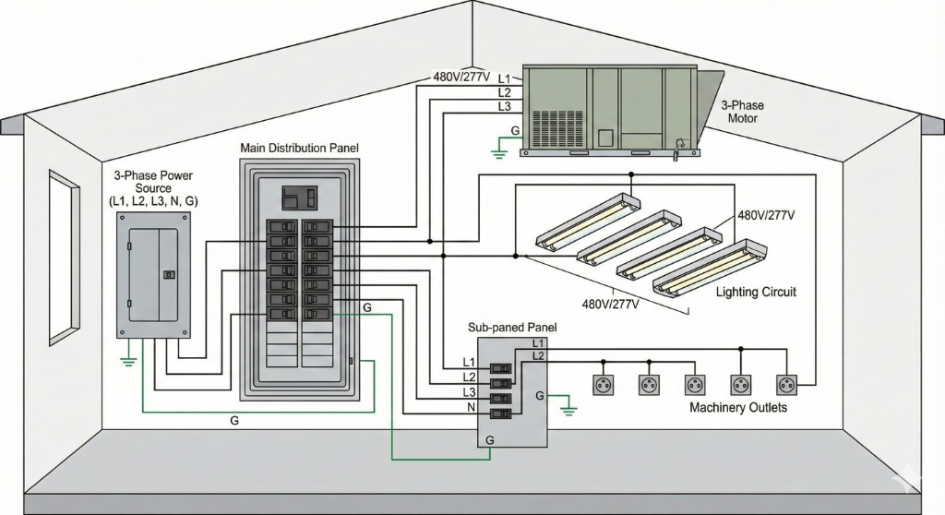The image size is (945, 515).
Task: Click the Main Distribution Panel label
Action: (299, 148)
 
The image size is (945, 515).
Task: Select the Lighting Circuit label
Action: (755, 292)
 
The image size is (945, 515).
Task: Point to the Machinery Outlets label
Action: (738, 407)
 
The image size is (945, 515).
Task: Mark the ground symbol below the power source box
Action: (127, 358)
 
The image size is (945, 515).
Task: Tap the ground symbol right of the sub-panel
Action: (569, 404)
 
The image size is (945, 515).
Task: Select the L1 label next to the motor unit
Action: (504, 78)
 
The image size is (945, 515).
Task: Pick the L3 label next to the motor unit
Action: (504, 107)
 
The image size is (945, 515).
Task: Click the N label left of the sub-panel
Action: (470, 407)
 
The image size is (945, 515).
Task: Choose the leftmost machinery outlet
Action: (604, 383)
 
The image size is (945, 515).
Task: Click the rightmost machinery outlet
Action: (786, 383)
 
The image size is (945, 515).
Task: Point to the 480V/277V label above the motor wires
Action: (461, 77)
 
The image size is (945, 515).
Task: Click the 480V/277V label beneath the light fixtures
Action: (615, 302)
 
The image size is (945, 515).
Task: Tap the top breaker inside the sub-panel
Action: (500, 367)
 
